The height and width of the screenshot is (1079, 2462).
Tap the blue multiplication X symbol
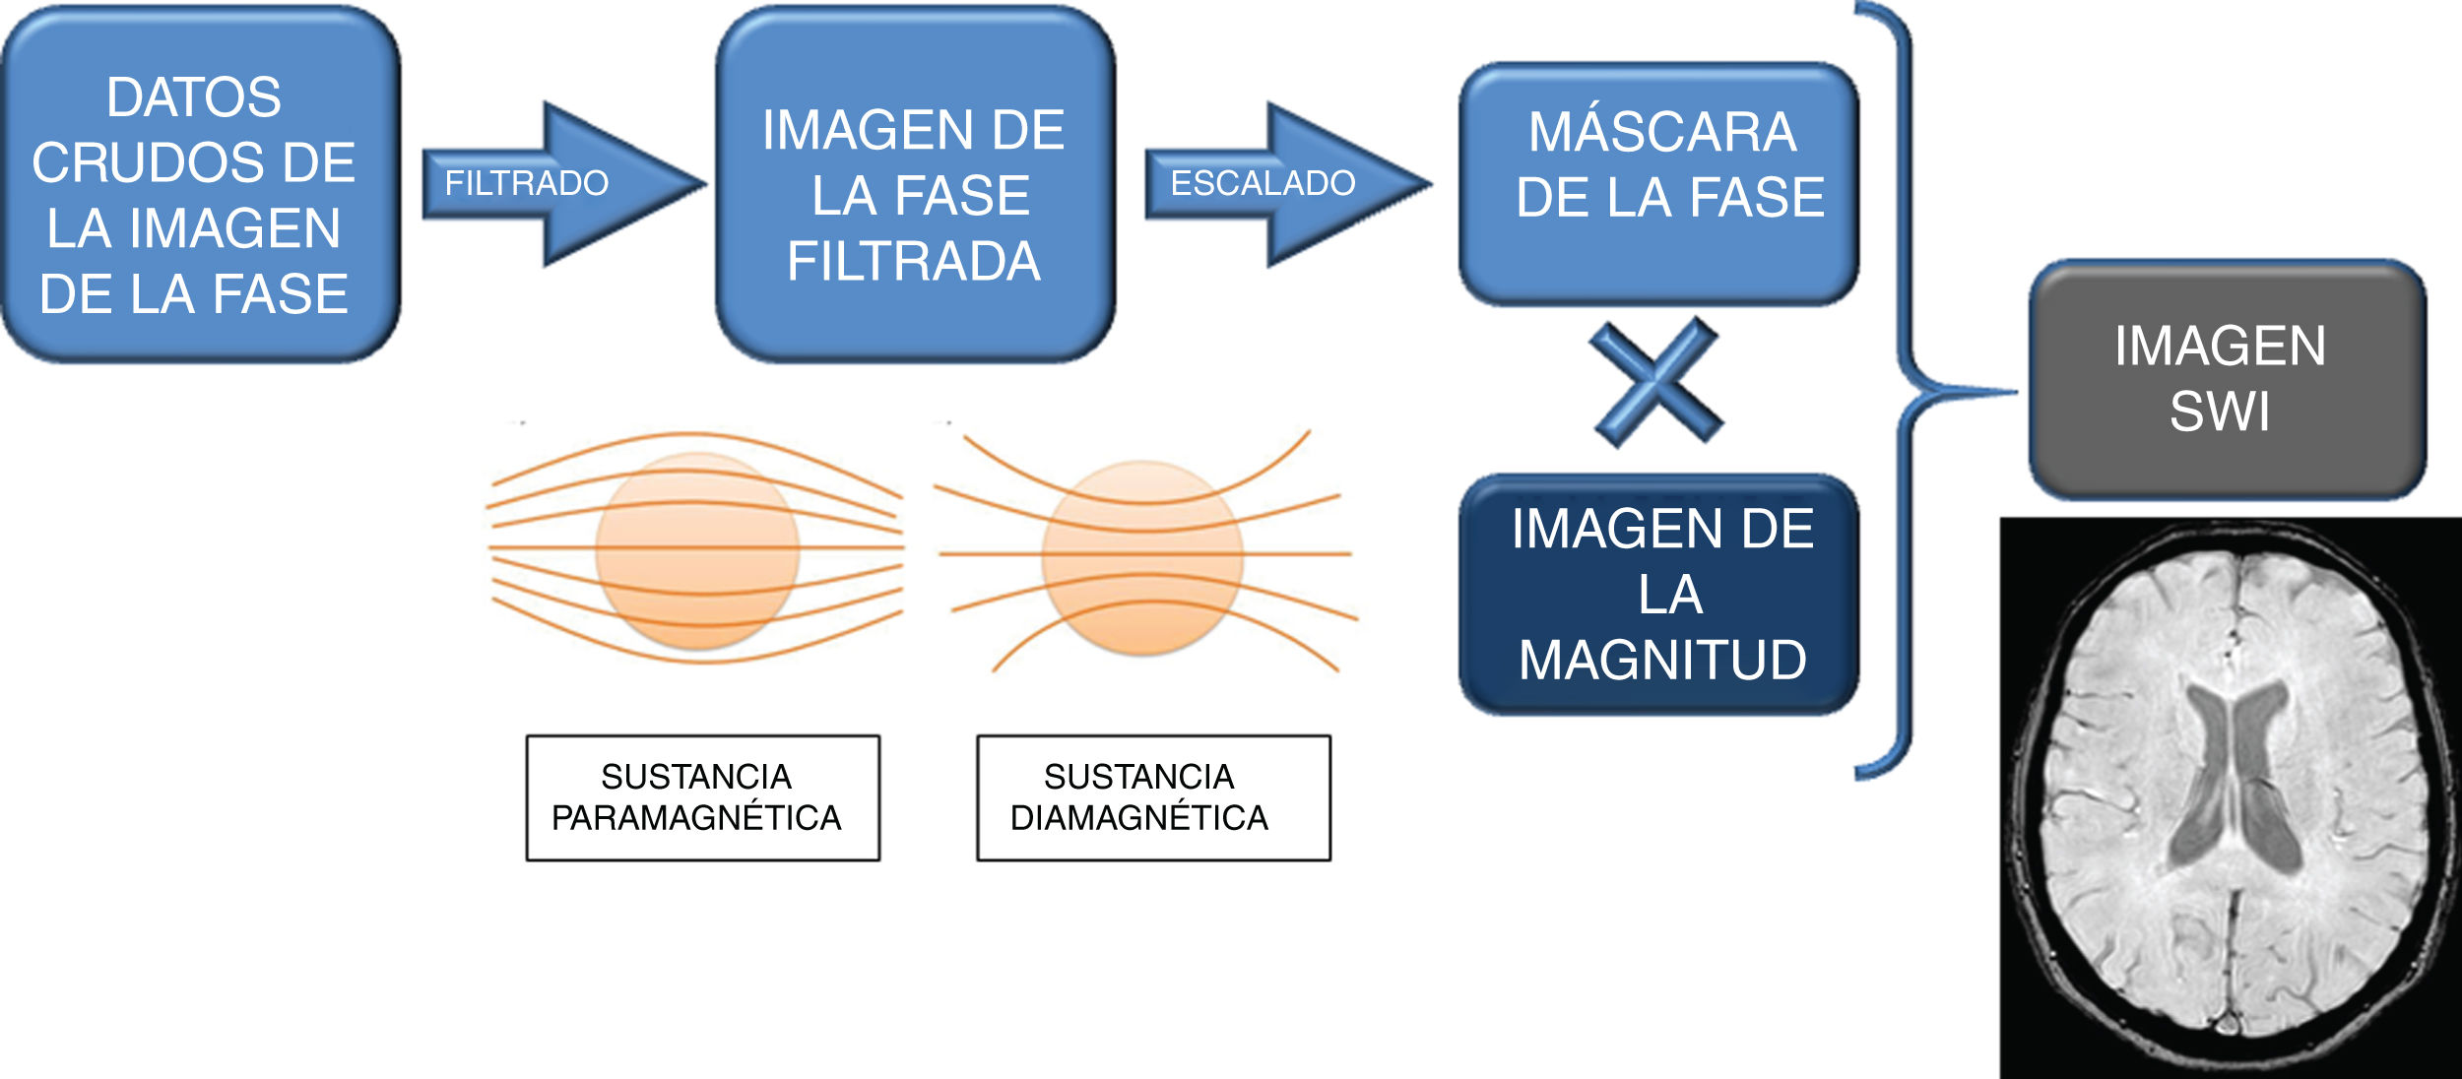pos(1656,382)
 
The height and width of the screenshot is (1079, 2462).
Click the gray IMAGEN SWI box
pos(2228,379)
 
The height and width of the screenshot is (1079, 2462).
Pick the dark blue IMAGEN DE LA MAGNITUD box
pos(1659,595)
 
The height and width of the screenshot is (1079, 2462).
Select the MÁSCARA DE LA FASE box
pos(1659,184)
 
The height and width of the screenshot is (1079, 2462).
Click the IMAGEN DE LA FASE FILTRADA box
pos(915,184)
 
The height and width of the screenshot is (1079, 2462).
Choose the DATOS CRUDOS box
pos(200,184)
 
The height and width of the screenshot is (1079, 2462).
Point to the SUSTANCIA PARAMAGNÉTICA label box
pos(702,797)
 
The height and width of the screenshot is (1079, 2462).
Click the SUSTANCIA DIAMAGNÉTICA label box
pos(1153,797)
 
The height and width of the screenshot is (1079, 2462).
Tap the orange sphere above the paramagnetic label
pos(697,550)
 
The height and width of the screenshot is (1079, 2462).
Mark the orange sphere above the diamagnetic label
pos(1142,557)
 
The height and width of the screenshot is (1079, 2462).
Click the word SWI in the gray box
pos(2220,412)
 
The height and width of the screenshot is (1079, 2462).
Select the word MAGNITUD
pos(1662,660)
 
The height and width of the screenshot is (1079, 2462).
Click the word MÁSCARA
pos(1662,132)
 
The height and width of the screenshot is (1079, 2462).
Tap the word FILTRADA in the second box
pos(914,262)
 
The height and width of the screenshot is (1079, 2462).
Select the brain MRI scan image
pos(2231,797)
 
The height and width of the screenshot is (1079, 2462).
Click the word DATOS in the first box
pos(194,97)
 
